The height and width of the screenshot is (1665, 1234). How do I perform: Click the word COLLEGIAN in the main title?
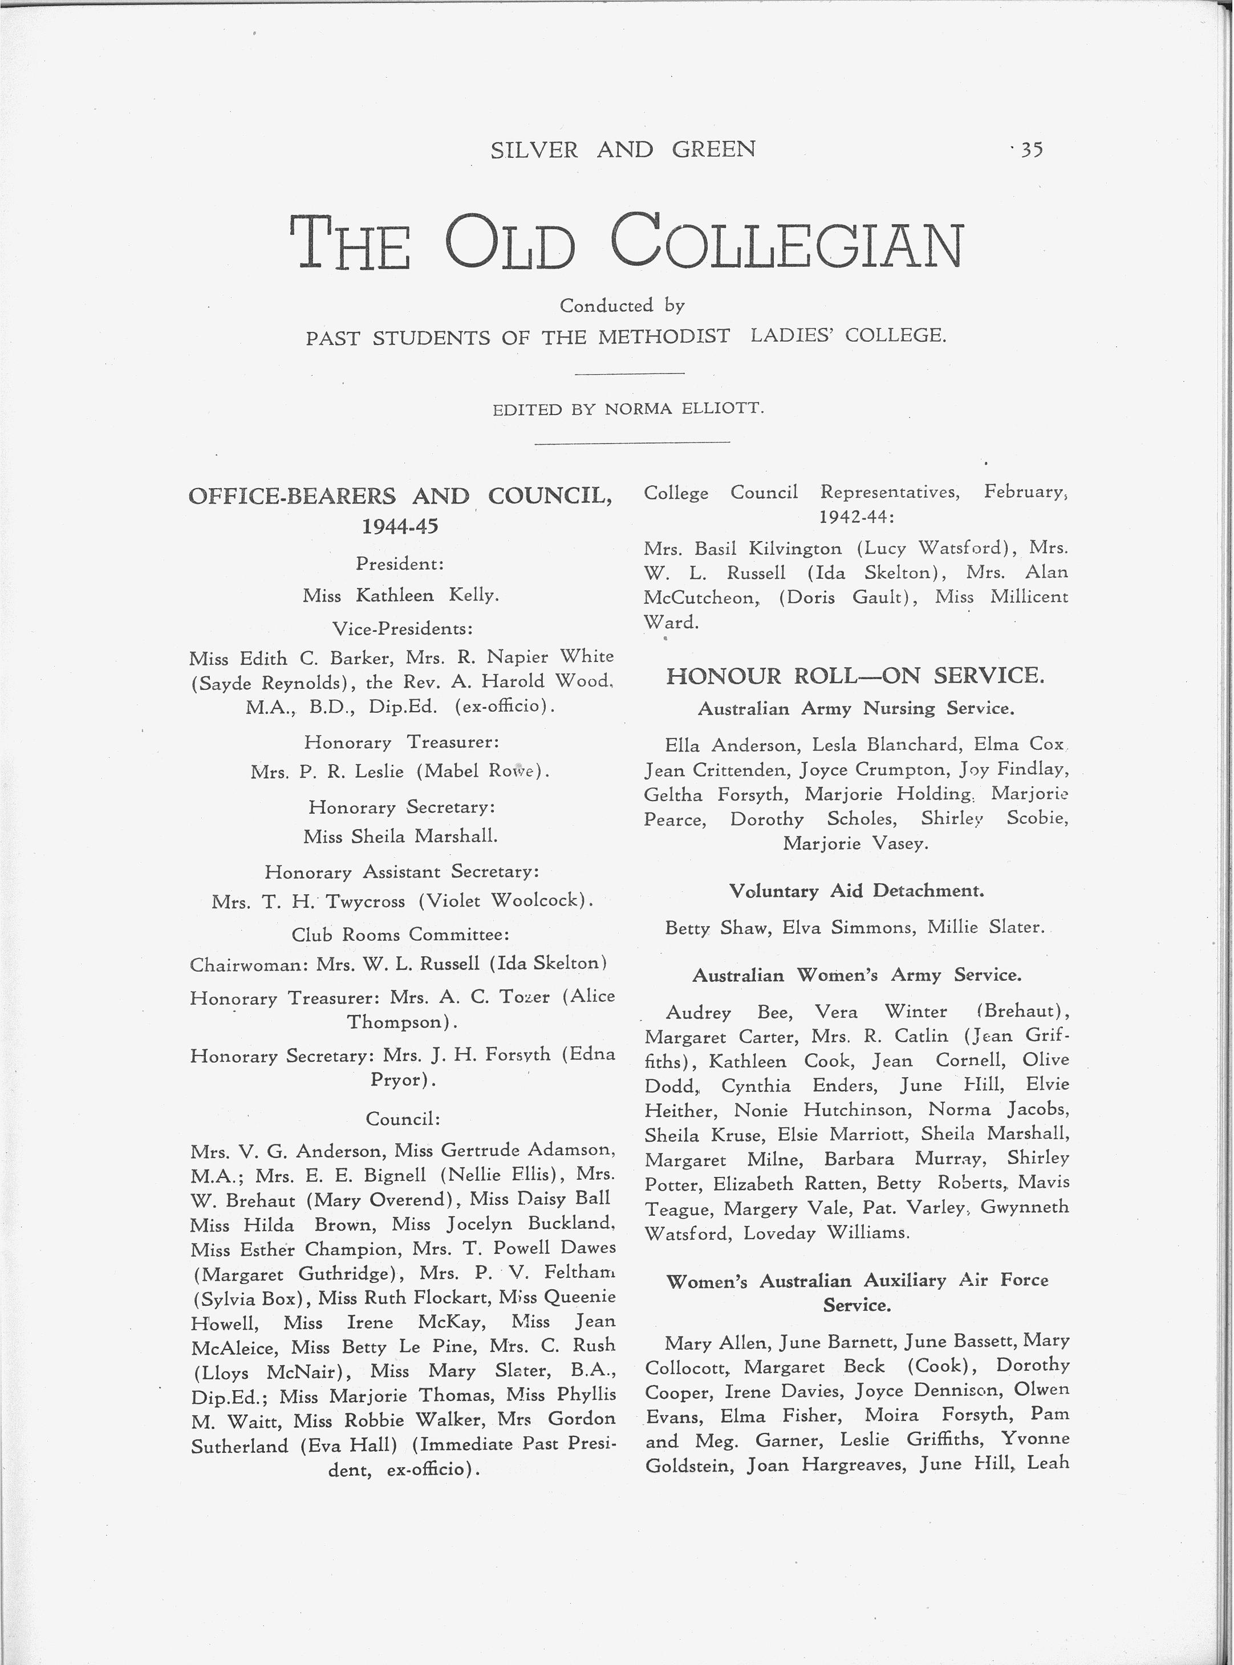click(789, 243)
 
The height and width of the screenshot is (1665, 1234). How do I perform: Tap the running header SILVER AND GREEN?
click(623, 149)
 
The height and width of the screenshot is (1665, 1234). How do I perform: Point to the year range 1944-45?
click(400, 527)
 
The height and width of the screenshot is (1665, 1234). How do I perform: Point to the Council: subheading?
click(403, 1118)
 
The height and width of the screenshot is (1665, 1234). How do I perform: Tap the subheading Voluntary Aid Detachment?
click(856, 891)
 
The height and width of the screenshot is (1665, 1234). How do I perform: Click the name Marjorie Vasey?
click(856, 843)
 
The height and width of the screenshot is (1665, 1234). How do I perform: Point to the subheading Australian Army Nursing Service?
click(856, 708)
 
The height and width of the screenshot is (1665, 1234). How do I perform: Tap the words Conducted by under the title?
click(622, 306)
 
